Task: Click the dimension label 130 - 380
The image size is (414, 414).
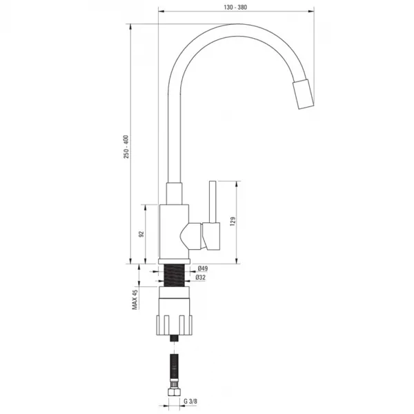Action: click(x=235, y=8)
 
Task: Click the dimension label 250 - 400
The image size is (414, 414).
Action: click(x=127, y=147)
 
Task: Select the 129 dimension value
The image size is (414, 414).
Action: click(x=233, y=221)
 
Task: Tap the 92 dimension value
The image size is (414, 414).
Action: click(x=141, y=234)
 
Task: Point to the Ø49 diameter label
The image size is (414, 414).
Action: click(x=203, y=268)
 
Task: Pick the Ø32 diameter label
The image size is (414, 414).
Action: click(x=201, y=277)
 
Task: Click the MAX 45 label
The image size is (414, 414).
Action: click(x=135, y=299)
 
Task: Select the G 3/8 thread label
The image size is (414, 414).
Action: click(x=190, y=402)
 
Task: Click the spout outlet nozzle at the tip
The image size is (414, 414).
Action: click(x=303, y=94)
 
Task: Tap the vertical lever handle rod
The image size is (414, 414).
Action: click(x=213, y=202)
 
